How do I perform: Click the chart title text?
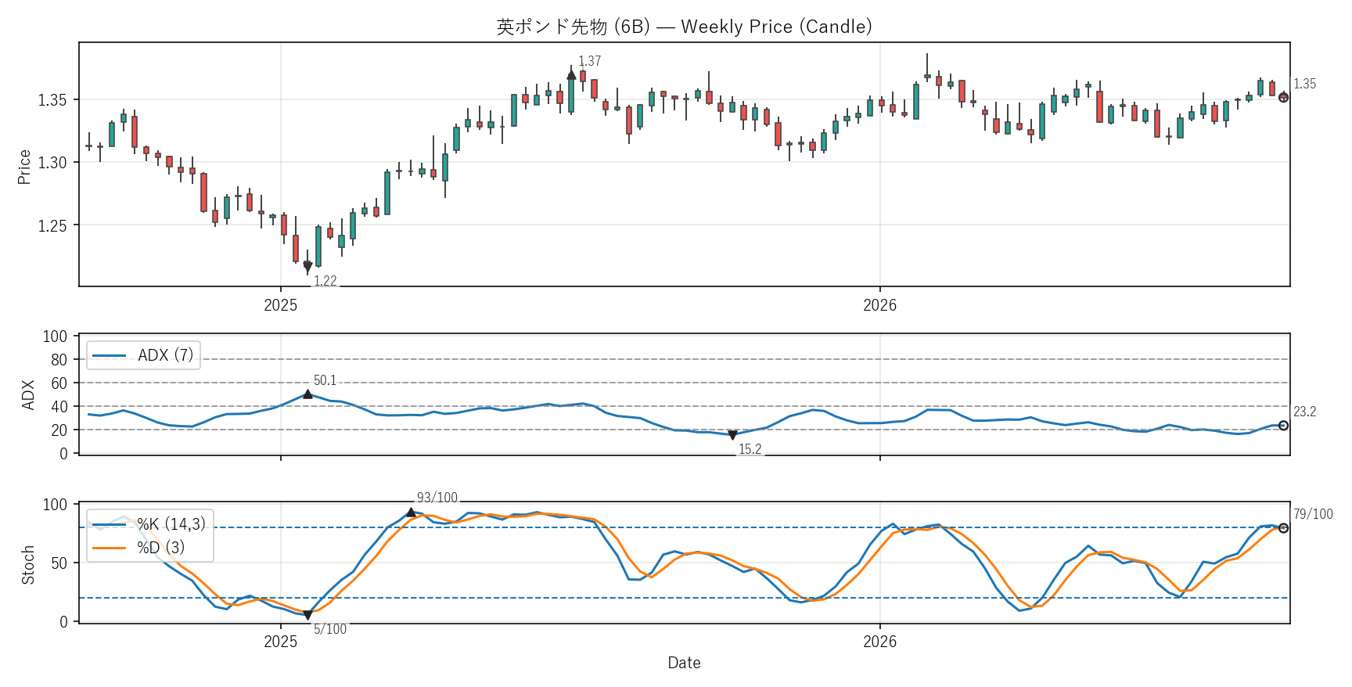(684, 27)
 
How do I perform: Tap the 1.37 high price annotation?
(590, 61)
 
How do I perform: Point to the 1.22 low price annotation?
(325, 281)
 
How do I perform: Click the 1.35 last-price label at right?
(1304, 84)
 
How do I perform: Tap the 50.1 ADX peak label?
(325, 380)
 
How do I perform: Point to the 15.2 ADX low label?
(750, 449)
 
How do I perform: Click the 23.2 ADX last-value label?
(1304, 412)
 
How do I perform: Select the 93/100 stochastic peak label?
(437, 498)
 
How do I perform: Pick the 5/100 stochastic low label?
(330, 629)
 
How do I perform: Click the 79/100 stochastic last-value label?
(1313, 514)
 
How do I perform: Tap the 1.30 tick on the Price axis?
(52, 163)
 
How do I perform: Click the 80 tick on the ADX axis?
(59, 360)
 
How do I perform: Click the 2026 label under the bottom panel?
(879, 642)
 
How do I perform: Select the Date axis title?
(684, 663)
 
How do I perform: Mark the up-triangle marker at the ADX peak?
(307, 394)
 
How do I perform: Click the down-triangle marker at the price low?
(307, 267)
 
